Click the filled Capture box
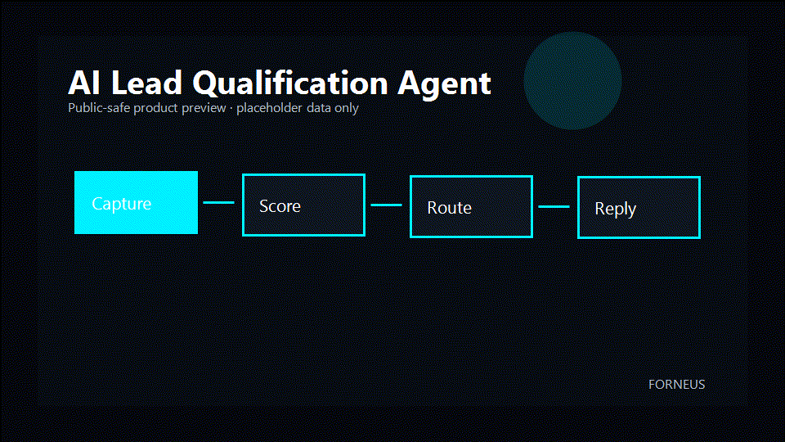[137, 202]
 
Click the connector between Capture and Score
[219, 202]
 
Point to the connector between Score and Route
[387, 205]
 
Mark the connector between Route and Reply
[554, 206]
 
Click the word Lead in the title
[146, 83]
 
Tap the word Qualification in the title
[290, 83]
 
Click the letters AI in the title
[83, 83]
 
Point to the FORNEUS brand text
[676, 385]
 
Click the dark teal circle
[572, 81]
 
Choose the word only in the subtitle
[347, 108]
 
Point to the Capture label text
[122, 204]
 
